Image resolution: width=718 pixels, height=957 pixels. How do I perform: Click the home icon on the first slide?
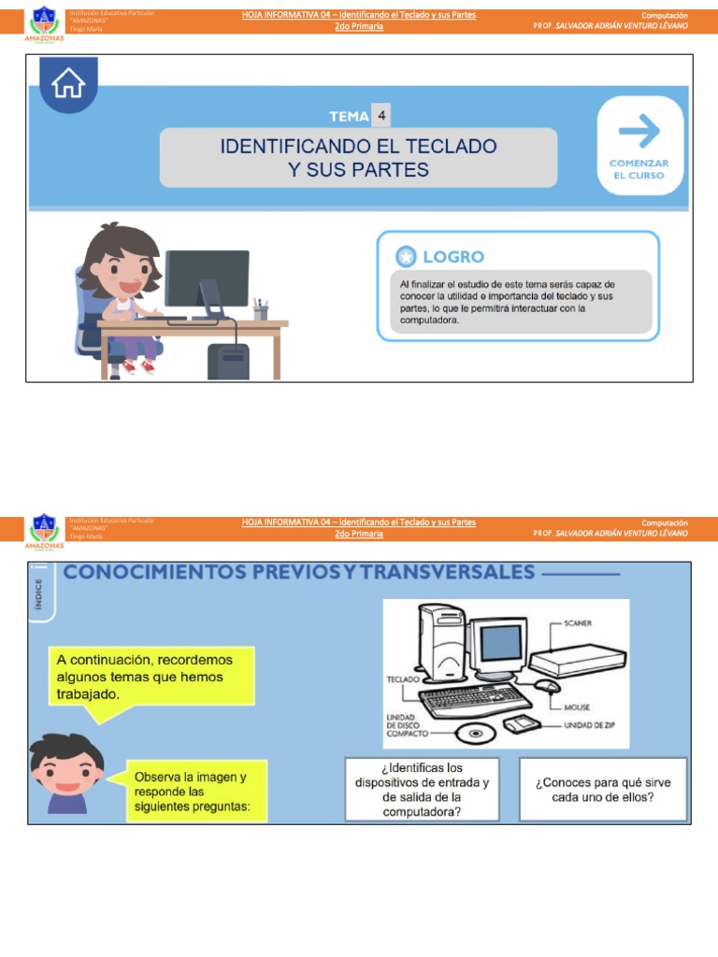69,84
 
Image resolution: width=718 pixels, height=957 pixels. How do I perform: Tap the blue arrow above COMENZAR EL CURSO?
639,132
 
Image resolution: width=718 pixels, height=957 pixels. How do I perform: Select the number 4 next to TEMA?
381,116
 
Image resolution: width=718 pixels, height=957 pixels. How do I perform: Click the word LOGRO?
453,256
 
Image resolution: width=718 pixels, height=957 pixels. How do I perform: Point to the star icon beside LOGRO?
406,256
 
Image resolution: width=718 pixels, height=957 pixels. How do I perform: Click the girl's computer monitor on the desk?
207,279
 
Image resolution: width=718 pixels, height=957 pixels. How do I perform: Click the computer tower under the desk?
228,360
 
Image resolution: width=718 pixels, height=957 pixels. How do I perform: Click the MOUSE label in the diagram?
576,707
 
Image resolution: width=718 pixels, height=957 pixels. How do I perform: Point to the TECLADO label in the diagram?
402,680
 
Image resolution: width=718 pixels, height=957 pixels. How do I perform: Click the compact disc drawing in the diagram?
477,734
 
